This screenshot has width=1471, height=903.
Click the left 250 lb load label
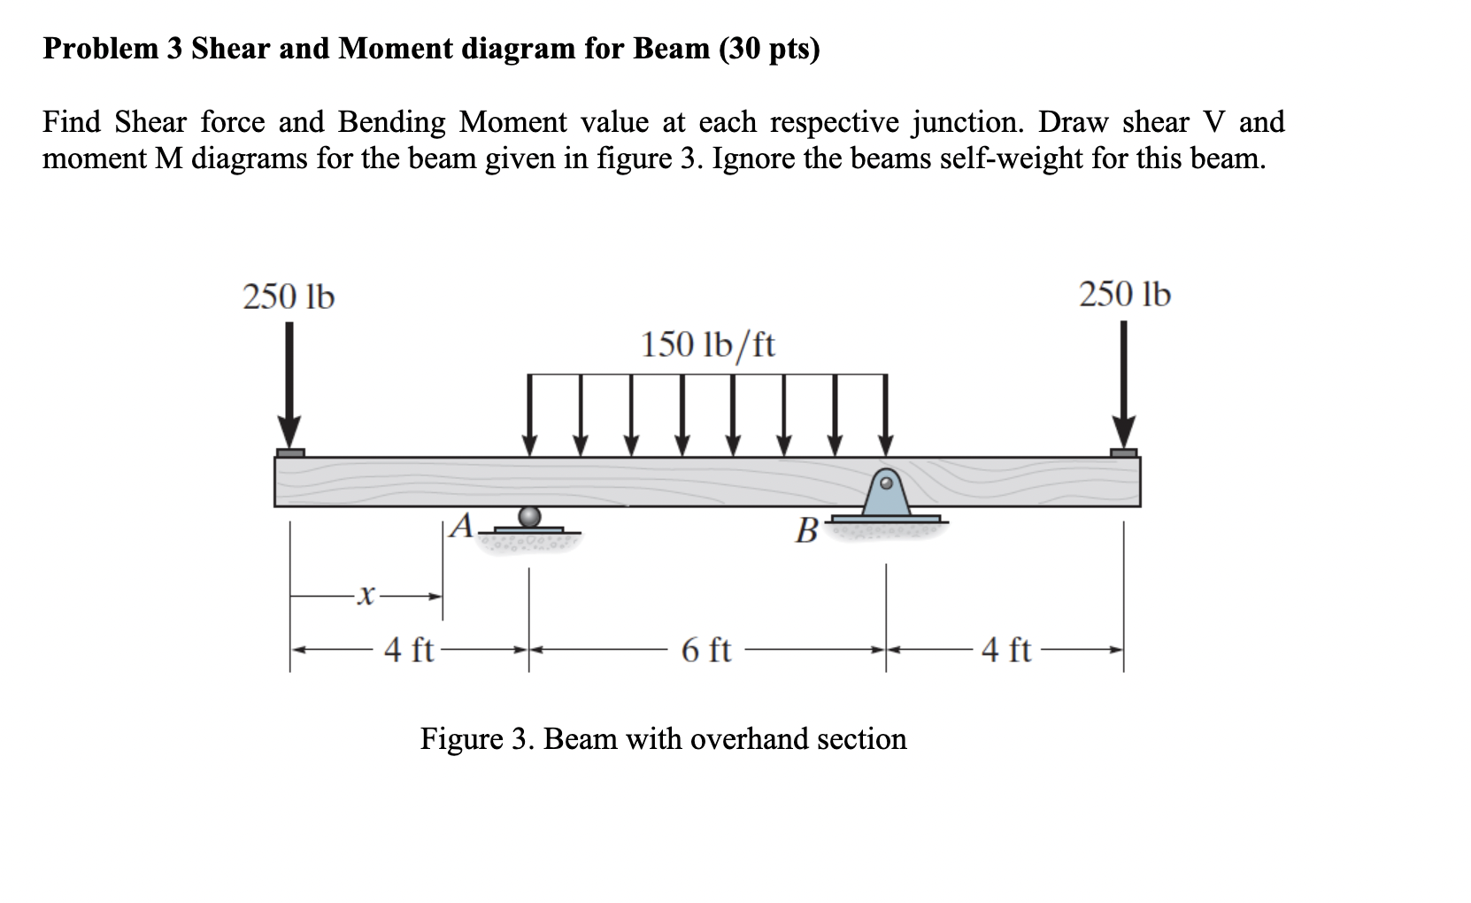289,297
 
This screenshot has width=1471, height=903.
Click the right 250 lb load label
1124,294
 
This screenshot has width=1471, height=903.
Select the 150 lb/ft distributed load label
707,344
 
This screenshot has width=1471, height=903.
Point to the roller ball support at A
529,516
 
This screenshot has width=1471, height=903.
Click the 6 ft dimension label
705,651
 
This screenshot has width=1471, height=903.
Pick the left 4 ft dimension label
408,651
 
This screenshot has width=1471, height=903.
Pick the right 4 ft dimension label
1006,651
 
